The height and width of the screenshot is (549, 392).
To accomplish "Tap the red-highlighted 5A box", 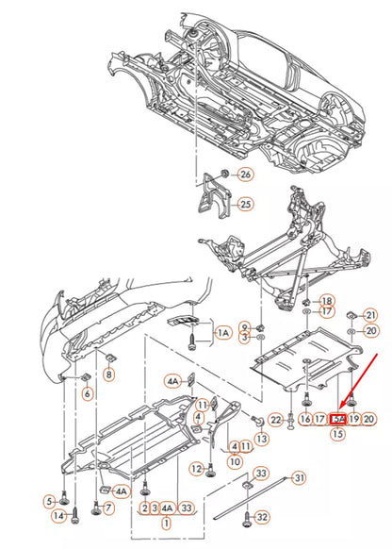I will point(338,419).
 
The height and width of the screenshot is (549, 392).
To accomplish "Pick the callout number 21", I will point(370,314).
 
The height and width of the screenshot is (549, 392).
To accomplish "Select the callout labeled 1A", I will point(223,333).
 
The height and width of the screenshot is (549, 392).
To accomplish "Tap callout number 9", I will point(245,325).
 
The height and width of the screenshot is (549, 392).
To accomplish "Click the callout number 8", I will point(108,375).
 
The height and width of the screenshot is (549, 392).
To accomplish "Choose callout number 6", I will point(87,393).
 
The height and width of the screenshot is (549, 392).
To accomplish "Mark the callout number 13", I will point(261,439).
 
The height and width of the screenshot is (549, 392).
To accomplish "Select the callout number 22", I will point(275,419).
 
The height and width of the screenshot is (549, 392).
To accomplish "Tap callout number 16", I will point(305,419).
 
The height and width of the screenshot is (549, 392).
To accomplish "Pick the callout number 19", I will point(354,419).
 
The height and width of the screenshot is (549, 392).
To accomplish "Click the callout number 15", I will point(337,435).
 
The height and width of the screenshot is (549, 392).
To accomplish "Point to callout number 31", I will point(299,478).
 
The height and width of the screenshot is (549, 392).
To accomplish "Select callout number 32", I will point(261,517).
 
